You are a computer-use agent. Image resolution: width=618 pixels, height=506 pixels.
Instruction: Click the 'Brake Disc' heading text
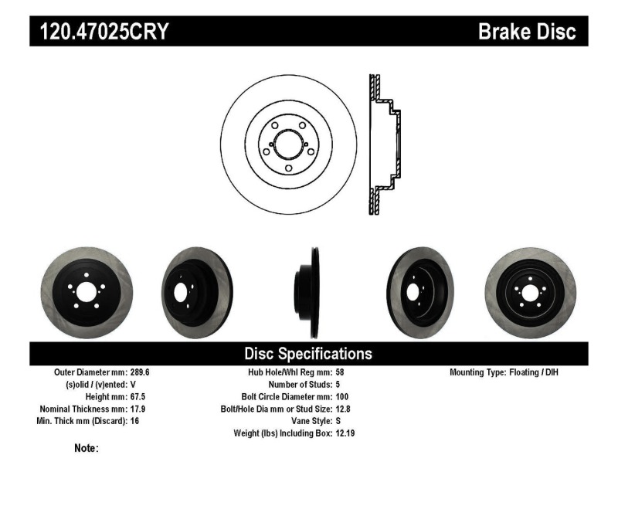[x=527, y=32]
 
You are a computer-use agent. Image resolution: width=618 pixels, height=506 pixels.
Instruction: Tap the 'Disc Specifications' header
[x=308, y=354]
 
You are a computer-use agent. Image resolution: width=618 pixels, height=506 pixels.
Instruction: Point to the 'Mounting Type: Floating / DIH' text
[x=504, y=372]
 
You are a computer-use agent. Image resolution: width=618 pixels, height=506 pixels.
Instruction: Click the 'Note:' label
[x=86, y=448]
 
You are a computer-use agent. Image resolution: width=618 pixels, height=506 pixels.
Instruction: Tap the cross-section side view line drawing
[x=384, y=145]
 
